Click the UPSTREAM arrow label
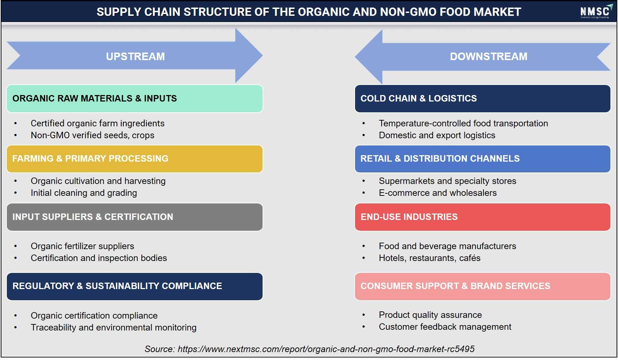tap(135, 57)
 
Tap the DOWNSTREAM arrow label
tap(489, 57)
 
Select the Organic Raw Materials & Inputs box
tap(135, 99)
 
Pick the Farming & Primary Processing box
tap(135, 159)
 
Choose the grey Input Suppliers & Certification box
tap(135, 217)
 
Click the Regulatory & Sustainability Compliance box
tap(135, 286)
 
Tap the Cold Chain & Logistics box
tap(482, 99)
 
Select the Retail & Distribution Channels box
tap(482, 159)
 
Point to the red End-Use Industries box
tap(482, 217)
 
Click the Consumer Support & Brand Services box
tap(482, 286)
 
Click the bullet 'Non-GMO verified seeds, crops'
tap(92, 135)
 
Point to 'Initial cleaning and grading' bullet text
tap(84, 193)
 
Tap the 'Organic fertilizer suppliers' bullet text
tap(82, 246)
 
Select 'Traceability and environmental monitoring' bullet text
tap(114, 328)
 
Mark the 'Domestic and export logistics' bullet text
tap(437, 135)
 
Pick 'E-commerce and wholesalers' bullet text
tap(438, 193)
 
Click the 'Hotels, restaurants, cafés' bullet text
tap(430, 258)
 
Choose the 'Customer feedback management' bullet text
tap(445, 327)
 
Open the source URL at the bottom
tap(326, 349)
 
